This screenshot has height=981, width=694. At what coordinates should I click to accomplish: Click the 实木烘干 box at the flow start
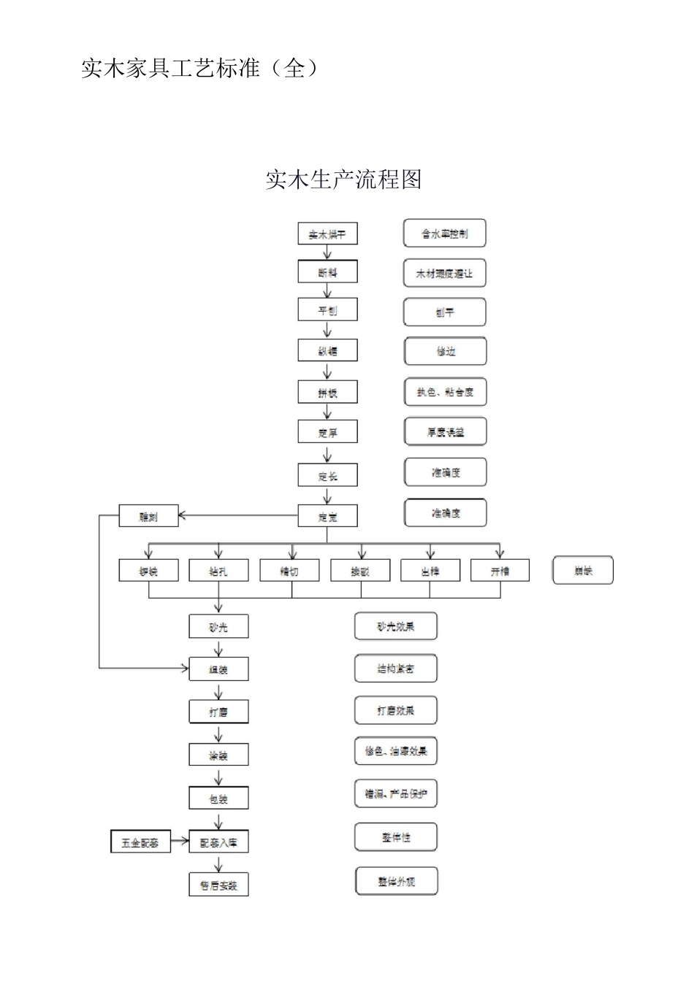coord(327,234)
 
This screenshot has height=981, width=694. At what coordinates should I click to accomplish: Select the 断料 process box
coord(327,272)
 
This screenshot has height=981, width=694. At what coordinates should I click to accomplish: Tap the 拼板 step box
coord(327,392)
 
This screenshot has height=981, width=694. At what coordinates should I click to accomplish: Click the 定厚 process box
coord(327,432)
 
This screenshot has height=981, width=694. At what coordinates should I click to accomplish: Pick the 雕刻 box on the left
coord(148,517)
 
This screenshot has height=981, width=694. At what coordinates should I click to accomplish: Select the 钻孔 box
coord(218,571)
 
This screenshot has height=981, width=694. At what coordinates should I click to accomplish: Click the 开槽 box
coord(500,571)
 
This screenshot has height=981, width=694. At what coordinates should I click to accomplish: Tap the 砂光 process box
coord(218,626)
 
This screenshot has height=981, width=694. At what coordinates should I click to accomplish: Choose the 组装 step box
coord(218,669)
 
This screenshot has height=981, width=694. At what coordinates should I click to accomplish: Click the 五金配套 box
coord(140,842)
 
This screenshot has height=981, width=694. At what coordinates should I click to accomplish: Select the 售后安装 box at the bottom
coord(218,885)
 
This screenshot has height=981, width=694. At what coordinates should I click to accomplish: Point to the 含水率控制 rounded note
coord(444,234)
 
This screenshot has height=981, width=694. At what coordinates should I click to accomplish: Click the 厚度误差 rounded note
coord(445,432)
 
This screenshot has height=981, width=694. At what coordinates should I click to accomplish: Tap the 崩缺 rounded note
coord(583,571)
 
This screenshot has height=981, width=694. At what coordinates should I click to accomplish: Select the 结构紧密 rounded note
coord(396,668)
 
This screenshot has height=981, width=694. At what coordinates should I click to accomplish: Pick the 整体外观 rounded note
coord(396,881)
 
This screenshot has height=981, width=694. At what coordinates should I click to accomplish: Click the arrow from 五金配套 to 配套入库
coord(180,842)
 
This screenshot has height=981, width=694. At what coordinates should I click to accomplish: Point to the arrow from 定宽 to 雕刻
coord(238,517)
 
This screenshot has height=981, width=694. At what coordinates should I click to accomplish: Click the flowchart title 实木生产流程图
coord(343,180)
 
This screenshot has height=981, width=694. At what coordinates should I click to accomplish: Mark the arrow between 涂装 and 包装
coord(218,776)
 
